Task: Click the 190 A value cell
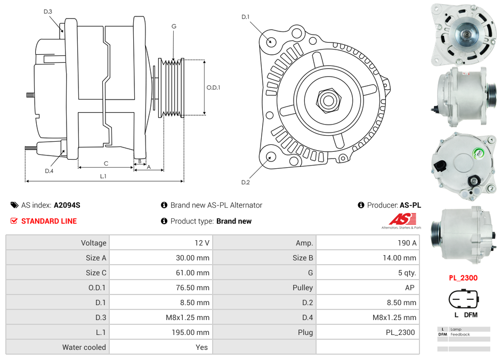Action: point(408,243)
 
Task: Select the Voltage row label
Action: point(93,243)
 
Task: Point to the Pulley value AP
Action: point(409,288)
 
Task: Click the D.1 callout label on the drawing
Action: point(245,17)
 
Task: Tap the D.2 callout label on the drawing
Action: point(245,183)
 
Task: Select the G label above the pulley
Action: point(174,27)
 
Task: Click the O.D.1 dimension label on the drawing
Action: point(213,88)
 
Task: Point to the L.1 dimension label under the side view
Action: point(103,176)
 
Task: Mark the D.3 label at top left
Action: point(48,12)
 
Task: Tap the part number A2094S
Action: point(67,205)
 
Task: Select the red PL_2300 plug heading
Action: point(463,277)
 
